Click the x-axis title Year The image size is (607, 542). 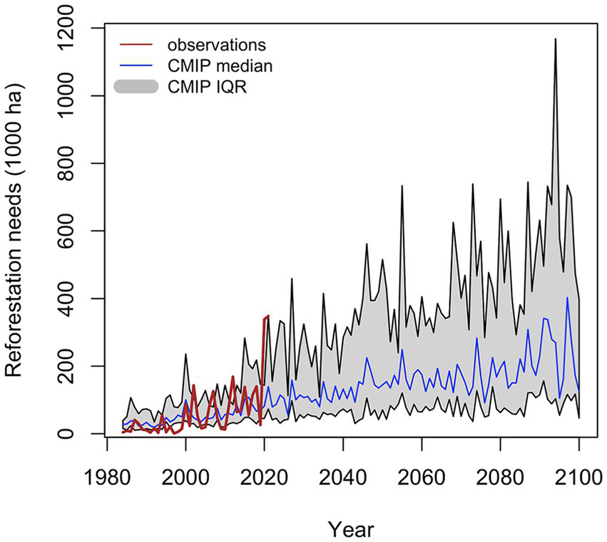[x=351, y=528]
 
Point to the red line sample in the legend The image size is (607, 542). [x=136, y=45]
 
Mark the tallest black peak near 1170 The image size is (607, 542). [x=555, y=39]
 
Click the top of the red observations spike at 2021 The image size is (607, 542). [x=268, y=316]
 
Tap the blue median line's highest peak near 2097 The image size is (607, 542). [x=568, y=298]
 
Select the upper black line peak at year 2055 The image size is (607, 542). [x=402, y=186]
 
